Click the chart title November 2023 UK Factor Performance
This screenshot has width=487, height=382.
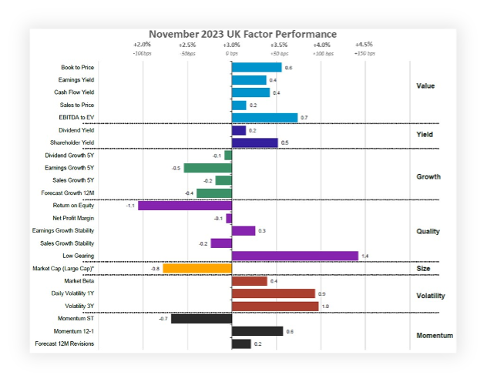point(243,34)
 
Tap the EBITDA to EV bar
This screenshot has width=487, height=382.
point(264,118)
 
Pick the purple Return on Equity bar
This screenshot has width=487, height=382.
point(185,206)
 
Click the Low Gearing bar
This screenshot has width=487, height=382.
point(294,256)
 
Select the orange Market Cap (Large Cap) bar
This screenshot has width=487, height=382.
point(197,268)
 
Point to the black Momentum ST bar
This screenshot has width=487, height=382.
point(201,318)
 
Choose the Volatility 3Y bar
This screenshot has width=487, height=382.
point(275,306)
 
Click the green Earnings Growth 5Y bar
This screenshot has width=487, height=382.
point(207,168)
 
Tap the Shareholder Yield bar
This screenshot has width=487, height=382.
point(254,142)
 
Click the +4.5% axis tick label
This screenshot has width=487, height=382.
point(364,45)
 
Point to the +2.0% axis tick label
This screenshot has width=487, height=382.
point(142,45)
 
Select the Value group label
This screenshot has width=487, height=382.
point(425,85)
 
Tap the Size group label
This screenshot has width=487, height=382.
point(424,269)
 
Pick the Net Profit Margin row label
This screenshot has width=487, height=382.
point(74,218)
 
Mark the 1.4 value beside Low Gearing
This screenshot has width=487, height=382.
point(364,256)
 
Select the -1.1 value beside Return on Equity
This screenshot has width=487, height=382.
point(130,206)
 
